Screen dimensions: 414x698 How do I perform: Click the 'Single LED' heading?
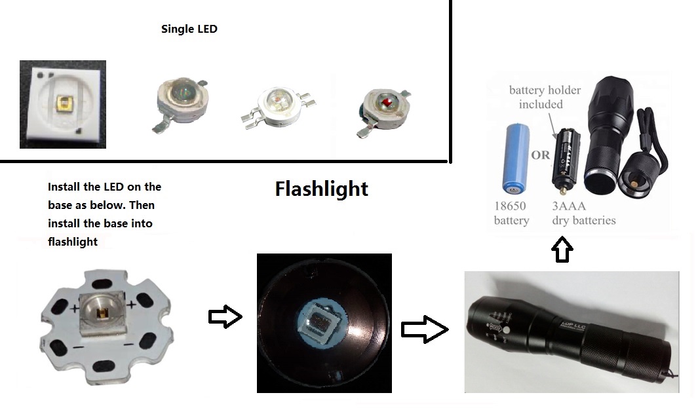[x=189, y=29]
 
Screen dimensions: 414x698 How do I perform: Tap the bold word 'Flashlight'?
[x=321, y=189]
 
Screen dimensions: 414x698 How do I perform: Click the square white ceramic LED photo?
[x=63, y=104]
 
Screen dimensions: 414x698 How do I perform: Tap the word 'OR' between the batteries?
[x=541, y=156]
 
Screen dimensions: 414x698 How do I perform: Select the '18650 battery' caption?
[x=511, y=213]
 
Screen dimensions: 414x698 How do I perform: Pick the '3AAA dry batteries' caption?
[x=583, y=213]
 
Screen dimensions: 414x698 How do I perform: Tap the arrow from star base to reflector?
[x=225, y=317]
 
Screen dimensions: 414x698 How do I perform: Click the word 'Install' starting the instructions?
[x=63, y=187]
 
